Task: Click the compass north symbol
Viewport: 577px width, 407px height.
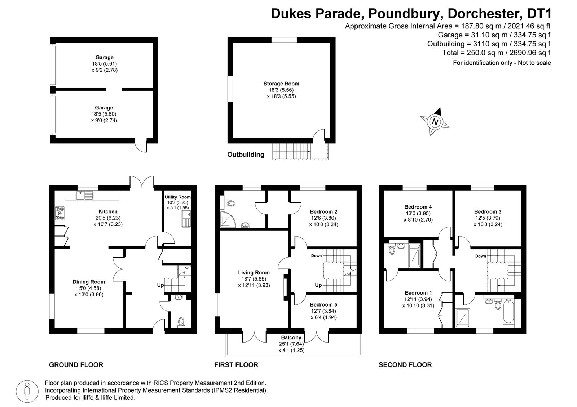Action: [x=435, y=122]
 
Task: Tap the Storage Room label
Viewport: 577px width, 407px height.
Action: [x=281, y=84]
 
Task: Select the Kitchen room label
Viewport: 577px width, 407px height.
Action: [x=108, y=211]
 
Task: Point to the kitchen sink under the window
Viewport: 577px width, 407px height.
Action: [x=84, y=196]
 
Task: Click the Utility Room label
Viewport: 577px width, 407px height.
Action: [x=177, y=197]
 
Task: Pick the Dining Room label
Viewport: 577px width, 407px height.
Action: [x=89, y=282]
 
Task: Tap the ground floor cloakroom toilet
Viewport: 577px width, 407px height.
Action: [x=181, y=321]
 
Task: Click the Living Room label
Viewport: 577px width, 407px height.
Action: [x=254, y=273]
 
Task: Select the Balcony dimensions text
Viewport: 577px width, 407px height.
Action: [x=291, y=347]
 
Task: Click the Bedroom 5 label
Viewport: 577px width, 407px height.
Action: [x=323, y=304]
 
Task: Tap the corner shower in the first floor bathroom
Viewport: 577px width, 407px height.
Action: [x=227, y=219]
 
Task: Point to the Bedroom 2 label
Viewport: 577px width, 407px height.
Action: [x=323, y=211]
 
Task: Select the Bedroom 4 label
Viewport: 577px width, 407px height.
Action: [x=418, y=207]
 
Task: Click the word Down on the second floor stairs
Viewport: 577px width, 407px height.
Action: [x=480, y=256]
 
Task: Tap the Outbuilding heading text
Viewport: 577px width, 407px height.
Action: [x=246, y=155]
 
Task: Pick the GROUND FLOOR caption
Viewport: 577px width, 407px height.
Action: [x=76, y=365]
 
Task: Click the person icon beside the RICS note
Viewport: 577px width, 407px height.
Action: [x=27, y=390]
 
